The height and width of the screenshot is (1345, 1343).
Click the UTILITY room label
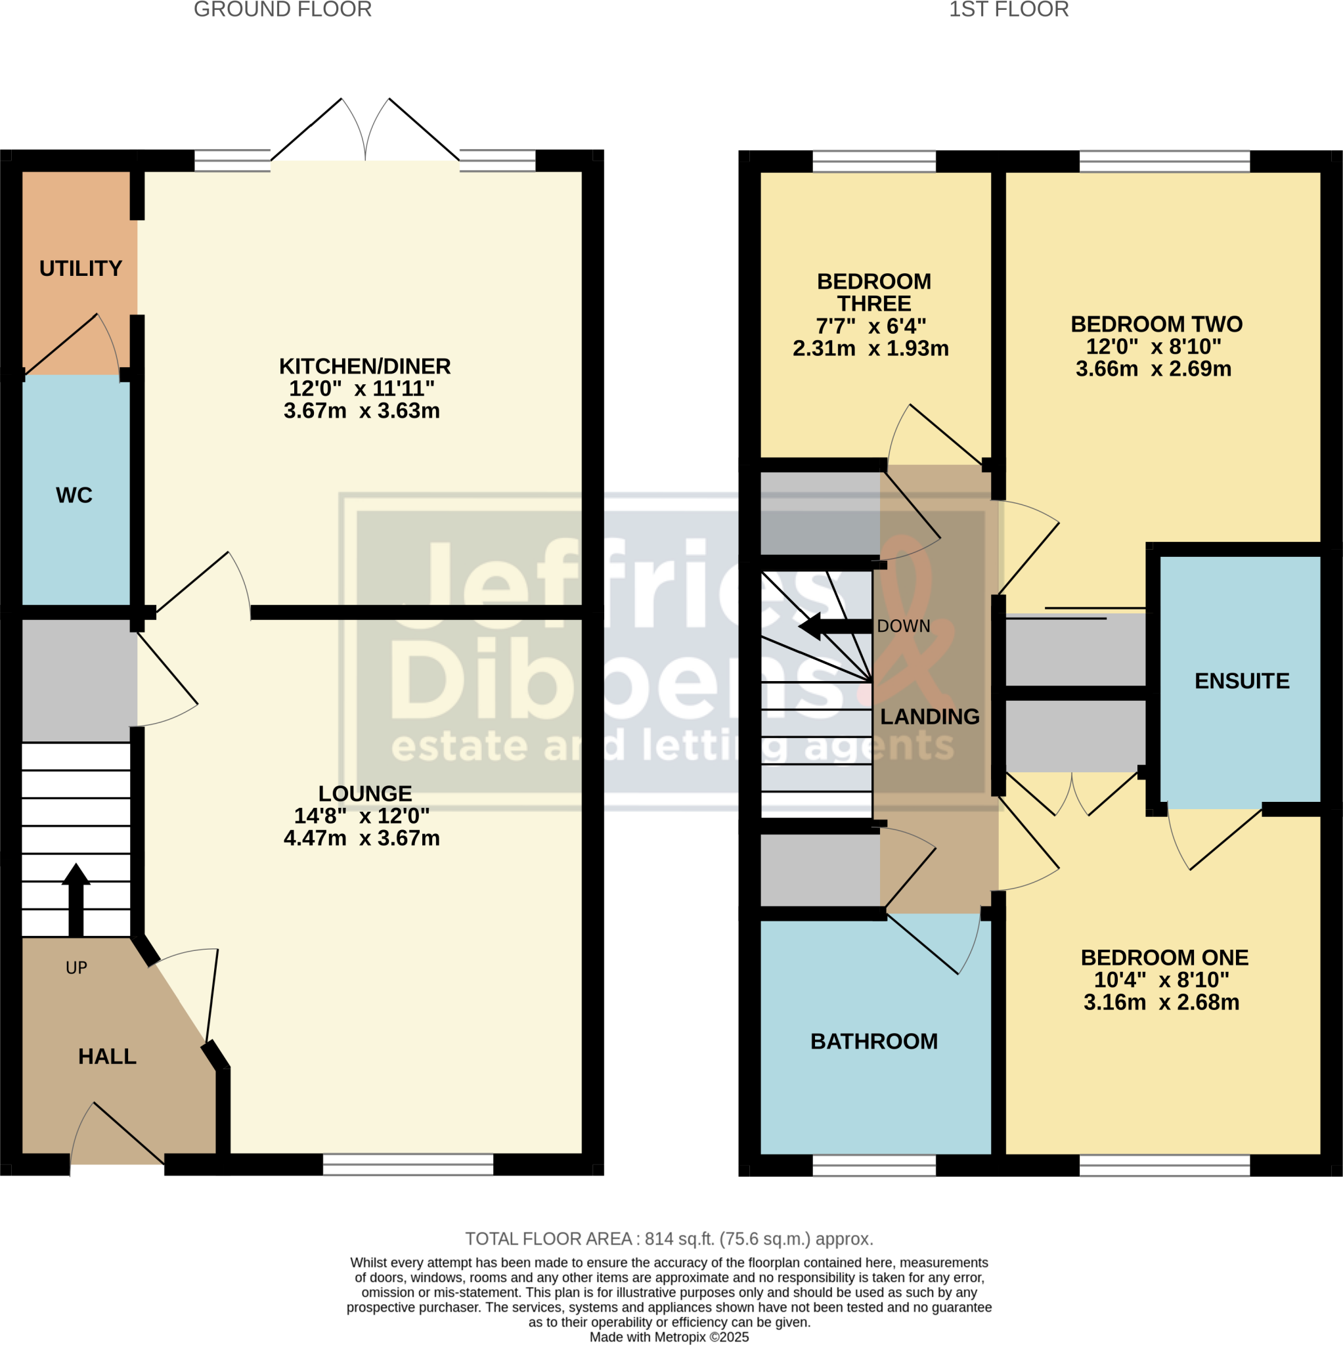coord(81,268)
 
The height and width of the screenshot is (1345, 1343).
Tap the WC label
coord(74,495)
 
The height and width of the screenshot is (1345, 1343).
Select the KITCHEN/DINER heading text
coord(365,366)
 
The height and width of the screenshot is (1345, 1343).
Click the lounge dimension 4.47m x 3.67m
coord(361,837)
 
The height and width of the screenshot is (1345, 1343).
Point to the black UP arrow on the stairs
coord(76,898)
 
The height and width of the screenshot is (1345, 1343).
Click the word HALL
coord(107,1056)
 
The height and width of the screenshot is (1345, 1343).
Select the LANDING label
coord(929,717)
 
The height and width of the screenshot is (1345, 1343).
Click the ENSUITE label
coord(1242,680)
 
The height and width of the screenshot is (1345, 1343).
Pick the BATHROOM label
coord(873,1041)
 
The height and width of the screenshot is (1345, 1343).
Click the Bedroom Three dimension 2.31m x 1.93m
coord(870,348)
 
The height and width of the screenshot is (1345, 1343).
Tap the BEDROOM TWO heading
coord(1156,324)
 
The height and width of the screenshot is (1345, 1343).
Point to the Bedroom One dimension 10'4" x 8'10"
coord(1161,979)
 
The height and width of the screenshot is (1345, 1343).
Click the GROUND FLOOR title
coord(282,10)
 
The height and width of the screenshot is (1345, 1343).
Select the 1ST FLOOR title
coord(1009,10)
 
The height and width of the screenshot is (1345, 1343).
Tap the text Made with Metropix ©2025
coord(669,1336)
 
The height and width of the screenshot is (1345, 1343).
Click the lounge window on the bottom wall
coord(408,1164)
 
